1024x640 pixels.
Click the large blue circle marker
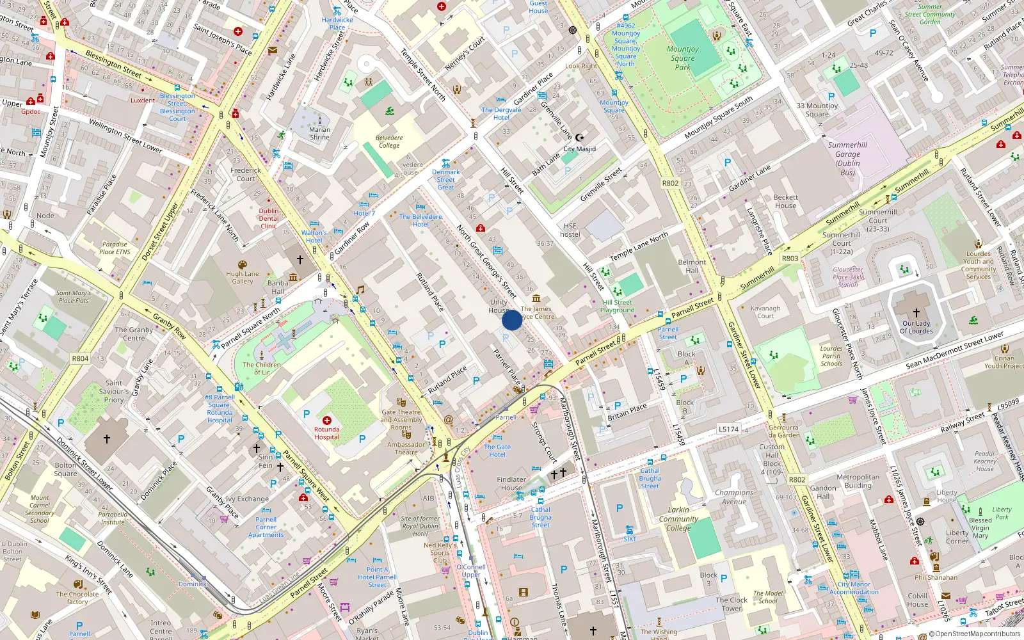[512, 320]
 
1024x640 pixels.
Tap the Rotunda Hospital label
[326, 433]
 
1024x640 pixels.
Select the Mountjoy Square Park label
[682, 58]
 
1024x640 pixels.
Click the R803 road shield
[790, 259]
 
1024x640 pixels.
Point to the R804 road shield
[80, 358]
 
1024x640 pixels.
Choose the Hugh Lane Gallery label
[242, 277]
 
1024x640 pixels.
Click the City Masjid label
[579, 148]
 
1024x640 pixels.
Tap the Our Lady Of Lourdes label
[916, 327]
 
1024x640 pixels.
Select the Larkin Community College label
[678, 519]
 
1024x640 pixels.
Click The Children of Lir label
[261, 368]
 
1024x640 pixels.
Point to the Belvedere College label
[388, 141]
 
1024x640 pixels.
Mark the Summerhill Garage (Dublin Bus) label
[847, 158]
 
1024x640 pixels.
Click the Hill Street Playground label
[617, 306]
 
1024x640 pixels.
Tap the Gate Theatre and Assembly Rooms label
[401, 420]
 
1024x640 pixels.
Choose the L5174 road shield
[728, 429]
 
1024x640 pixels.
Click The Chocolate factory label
[77, 598]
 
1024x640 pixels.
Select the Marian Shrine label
[319, 133]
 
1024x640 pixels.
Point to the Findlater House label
[511, 483]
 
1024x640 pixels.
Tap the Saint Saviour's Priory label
[114, 391]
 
